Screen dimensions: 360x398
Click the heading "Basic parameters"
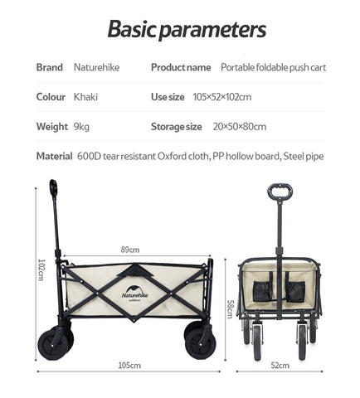click(x=187, y=29)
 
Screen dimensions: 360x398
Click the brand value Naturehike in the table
click(x=96, y=67)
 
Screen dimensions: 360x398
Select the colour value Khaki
click(x=85, y=97)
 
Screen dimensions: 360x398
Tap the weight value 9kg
click(x=81, y=127)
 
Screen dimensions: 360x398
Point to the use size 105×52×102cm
click(x=222, y=97)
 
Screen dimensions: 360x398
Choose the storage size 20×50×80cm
click(x=240, y=127)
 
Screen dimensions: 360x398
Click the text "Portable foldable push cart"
click(x=273, y=67)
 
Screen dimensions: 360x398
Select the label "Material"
click(x=54, y=156)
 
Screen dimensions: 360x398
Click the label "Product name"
click(x=181, y=67)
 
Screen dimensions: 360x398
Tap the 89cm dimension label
click(x=130, y=250)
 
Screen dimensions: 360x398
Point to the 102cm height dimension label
click(x=41, y=269)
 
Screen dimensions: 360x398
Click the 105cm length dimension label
click(x=129, y=366)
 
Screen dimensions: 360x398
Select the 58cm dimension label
click(x=230, y=309)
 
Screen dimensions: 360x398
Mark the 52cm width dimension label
click(x=280, y=366)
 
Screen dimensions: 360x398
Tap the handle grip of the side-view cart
click(x=53, y=188)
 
